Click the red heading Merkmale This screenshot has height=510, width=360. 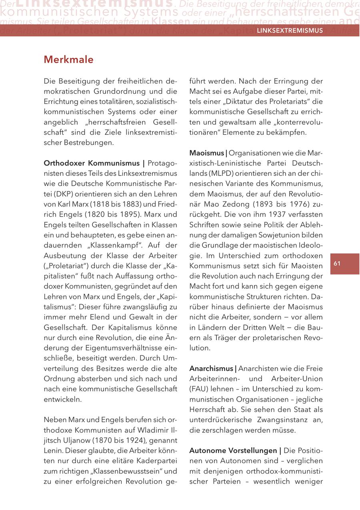coord(68,60)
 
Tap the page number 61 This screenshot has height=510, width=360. coord(337,263)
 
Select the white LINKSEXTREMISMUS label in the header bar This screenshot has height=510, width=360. coord(290,30)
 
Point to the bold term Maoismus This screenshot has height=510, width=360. coord(206,153)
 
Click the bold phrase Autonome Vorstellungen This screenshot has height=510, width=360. coord(234,450)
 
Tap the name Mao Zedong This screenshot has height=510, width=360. coord(221,204)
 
